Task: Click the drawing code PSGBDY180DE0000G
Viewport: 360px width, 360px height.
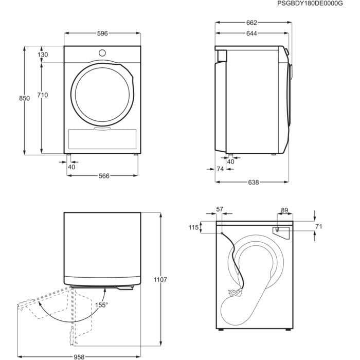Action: (x=316, y=4)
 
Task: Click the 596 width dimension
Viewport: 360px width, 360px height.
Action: (x=102, y=33)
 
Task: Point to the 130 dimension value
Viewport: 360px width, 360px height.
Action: (x=43, y=55)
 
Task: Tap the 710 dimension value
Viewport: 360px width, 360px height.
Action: (x=43, y=95)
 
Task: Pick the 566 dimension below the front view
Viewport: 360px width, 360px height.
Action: (x=104, y=176)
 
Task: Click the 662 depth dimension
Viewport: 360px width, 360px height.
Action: (x=250, y=23)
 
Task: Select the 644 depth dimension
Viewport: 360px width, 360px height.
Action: (x=250, y=33)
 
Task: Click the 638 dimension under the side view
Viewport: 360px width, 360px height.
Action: (x=254, y=182)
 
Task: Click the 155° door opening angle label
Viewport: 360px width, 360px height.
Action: (x=101, y=305)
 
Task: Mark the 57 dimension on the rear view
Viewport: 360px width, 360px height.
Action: (x=220, y=209)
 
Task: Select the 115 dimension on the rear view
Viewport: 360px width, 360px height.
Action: (x=193, y=228)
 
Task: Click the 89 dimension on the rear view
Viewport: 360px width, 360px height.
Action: (x=285, y=210)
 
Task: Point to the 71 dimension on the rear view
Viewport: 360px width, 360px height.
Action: (x=318, y=226)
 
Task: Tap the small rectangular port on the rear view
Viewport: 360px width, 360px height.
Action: (x=277, y=230)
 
